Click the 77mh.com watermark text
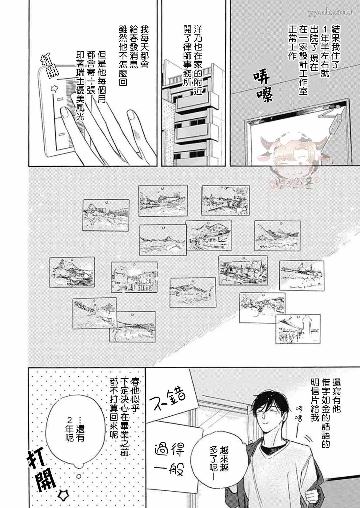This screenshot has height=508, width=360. click(330, 12)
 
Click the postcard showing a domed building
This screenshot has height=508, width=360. click(134, 277)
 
